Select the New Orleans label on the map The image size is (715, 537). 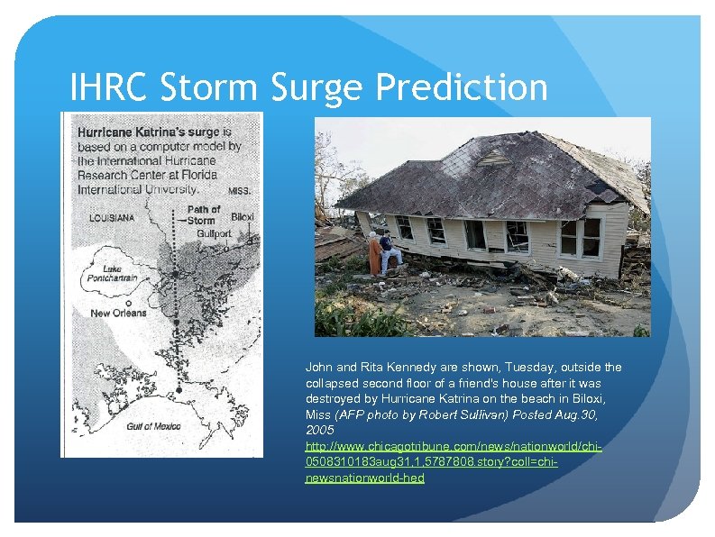tap(117, 313)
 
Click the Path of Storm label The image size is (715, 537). tap(203, 214)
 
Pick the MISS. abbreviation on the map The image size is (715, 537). tap(238, 191)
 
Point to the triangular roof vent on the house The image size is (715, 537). tap(498, 157)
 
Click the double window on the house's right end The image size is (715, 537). tap(580, 237)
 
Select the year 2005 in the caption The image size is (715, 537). tap(320, 431)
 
